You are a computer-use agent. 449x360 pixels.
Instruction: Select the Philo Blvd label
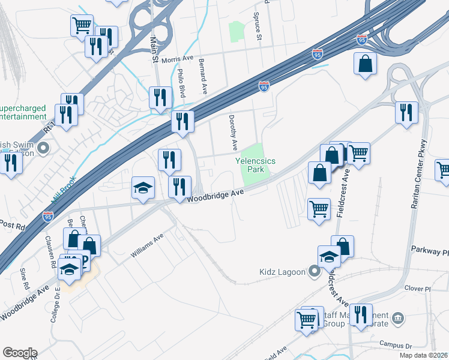point(181,83)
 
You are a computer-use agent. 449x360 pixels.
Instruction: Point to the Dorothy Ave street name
point(234,133)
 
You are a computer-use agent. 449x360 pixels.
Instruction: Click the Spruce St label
point(259,27)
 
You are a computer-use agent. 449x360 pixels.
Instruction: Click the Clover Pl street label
point(418,289)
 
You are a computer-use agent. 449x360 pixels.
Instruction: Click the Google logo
point(20,353)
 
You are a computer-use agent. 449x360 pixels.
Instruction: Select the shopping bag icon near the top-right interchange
point(365,63)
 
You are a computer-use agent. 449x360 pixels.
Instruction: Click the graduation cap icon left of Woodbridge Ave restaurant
point(143,187)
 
